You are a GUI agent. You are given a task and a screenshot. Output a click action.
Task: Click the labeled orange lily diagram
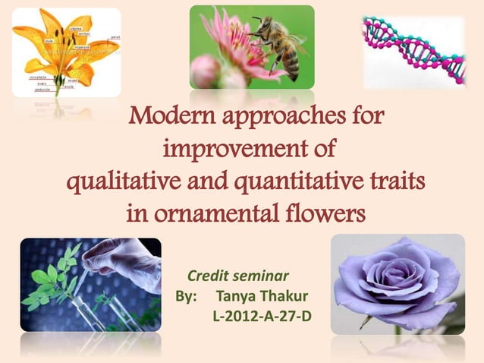(66, 52)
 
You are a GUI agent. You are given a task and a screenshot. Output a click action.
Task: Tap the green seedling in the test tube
(53, 281)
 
